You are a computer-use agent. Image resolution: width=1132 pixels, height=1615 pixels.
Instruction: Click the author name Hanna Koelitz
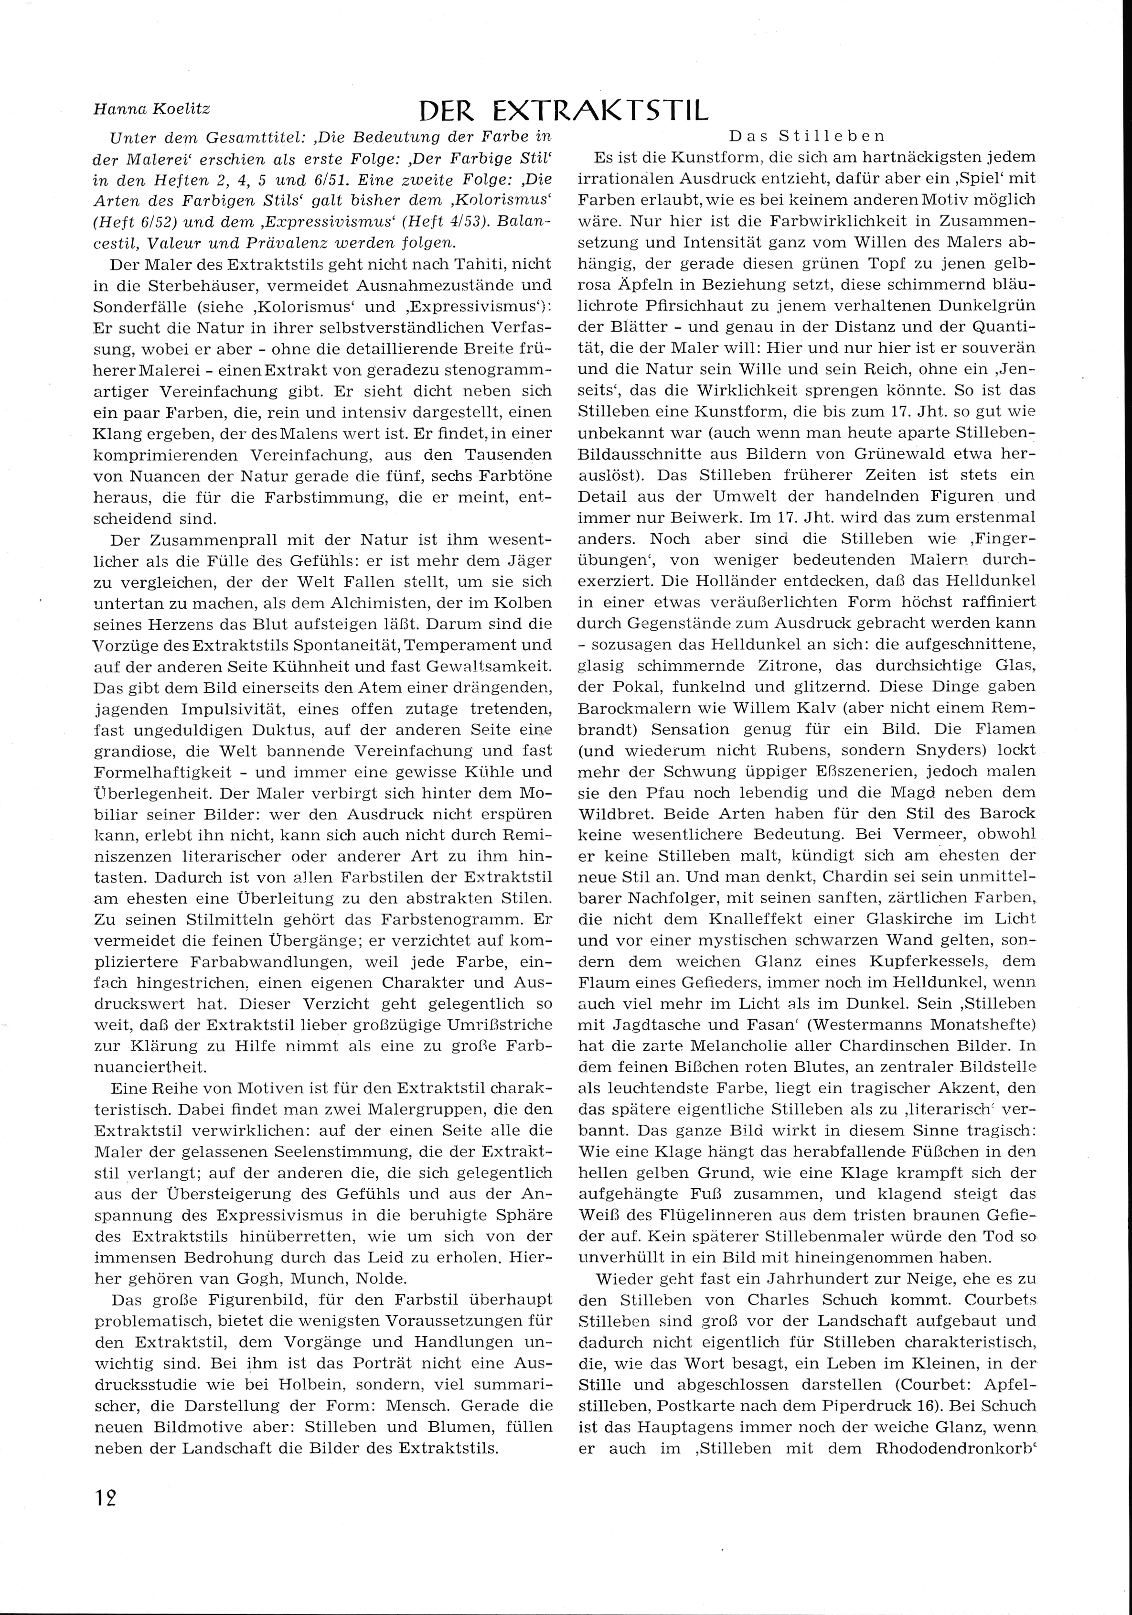point(151,109)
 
